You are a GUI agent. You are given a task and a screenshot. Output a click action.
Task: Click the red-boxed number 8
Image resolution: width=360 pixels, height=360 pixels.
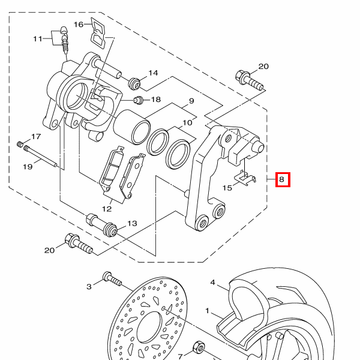[x=282, y=179]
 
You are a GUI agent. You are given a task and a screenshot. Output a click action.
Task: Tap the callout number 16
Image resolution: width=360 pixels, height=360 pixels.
[x=79, y=25]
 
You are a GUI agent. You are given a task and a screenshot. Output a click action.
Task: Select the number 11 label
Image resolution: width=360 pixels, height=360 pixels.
[x=38, y=39]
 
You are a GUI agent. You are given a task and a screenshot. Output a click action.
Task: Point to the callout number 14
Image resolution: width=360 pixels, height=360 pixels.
[x=154, y=73]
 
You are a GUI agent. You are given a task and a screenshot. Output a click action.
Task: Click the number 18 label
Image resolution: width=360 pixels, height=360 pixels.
[x=156, y=100]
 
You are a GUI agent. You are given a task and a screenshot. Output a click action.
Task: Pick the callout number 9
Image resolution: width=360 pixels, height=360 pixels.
[x=191, y=101]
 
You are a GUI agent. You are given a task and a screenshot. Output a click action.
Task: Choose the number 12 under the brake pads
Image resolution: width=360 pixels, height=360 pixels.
[x=107, y=209]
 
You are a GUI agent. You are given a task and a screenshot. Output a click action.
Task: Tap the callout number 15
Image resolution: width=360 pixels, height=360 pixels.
[x=227, y=188]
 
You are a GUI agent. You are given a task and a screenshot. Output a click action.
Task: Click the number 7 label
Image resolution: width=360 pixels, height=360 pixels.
[x=180, y=356]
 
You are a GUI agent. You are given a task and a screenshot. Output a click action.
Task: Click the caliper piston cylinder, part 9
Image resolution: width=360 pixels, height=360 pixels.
[x=132, y=127]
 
